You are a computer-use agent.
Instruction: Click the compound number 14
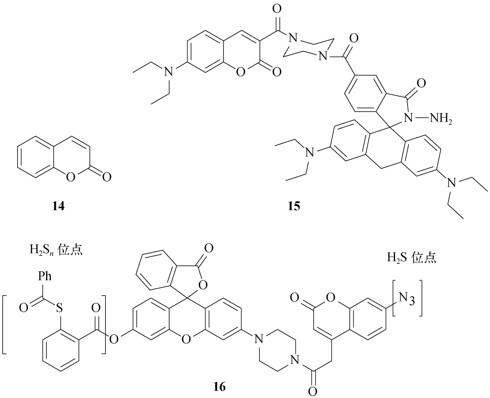(x=59, y=206)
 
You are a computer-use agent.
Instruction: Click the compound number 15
(x=294, y=206)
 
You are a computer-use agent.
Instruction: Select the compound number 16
(x=220, y=387)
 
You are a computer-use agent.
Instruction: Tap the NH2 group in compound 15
(x=441, y=119)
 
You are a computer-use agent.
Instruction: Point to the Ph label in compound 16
(x=45, y=276)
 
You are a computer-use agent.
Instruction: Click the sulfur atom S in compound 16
(x=59, y=308)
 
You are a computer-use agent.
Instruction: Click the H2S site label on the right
(x=411, y=257)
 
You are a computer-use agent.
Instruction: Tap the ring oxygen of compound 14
(x=70, y=177)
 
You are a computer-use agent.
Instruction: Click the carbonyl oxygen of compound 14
(x=107, y=177)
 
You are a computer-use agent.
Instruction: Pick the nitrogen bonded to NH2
(x=409, y=118)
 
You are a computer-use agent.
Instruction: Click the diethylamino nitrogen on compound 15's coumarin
(x=169, y=72)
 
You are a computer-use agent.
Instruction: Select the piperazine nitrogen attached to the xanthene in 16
(x=258, y=339)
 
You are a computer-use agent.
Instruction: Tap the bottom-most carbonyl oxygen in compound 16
(x=312, y=391)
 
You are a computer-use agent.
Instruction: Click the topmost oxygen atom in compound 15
(x=277, y=9)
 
